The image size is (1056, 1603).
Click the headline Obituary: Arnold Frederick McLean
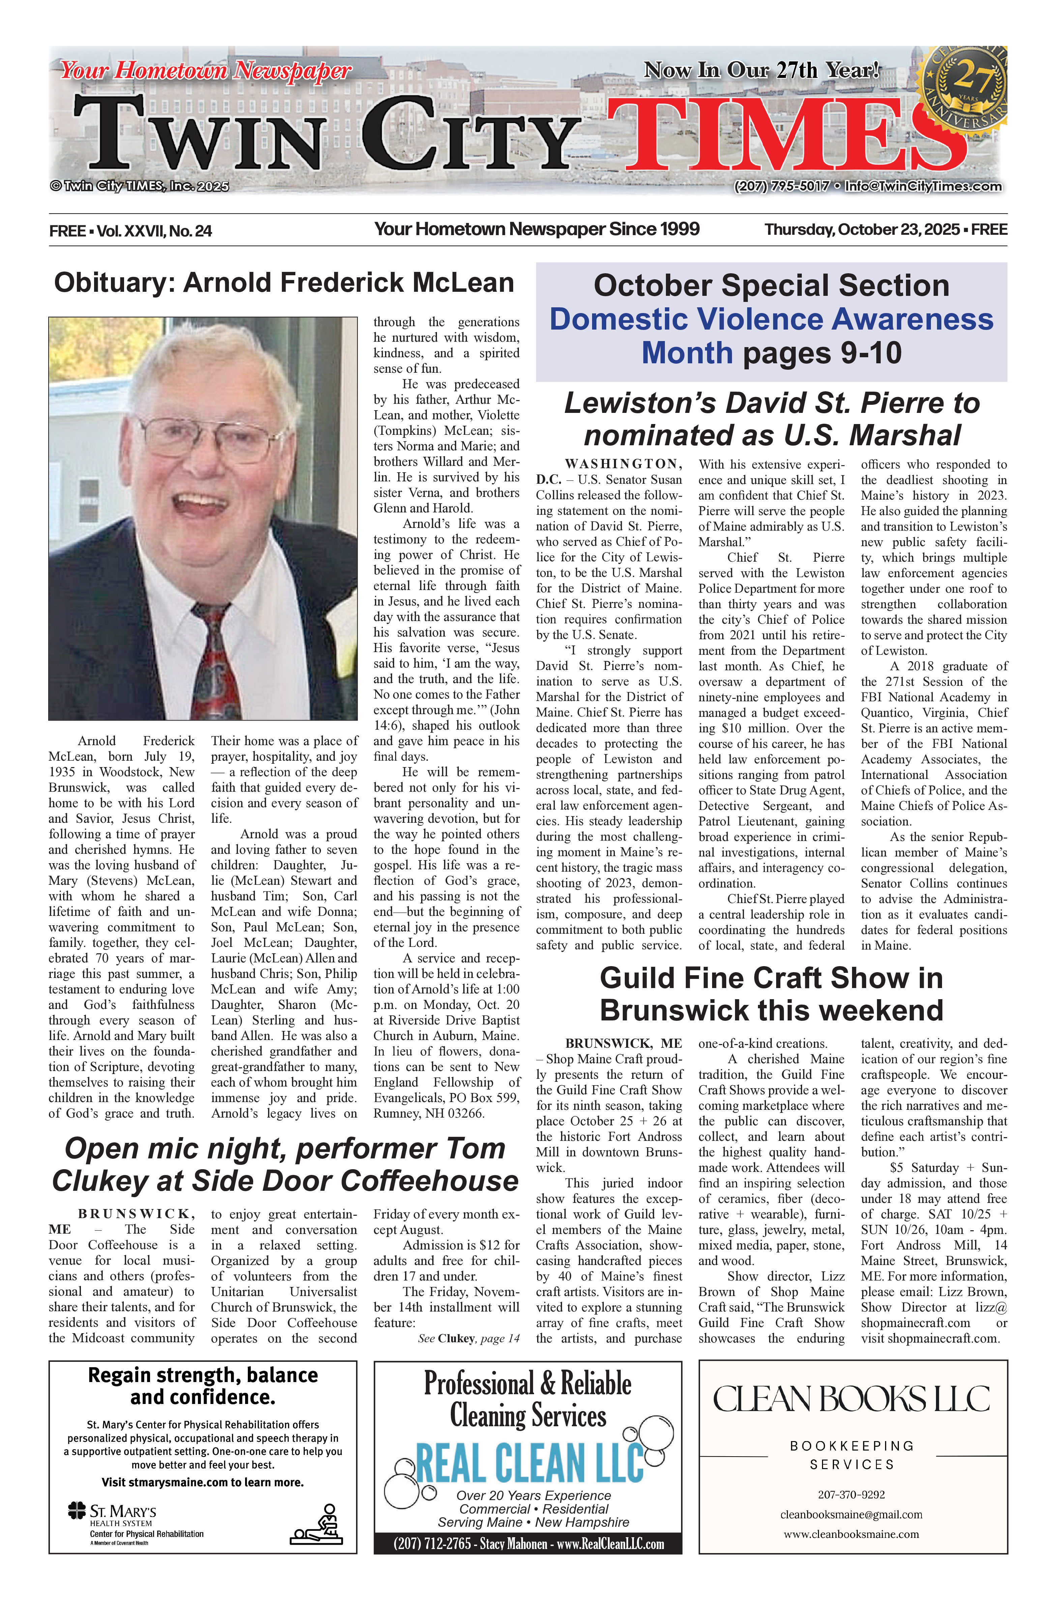[x=284, y=282]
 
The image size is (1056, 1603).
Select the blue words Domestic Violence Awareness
[x=771, y=319]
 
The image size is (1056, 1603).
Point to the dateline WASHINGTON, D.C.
[x=610, y=472]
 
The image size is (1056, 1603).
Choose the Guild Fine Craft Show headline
[x=771, y=994]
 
